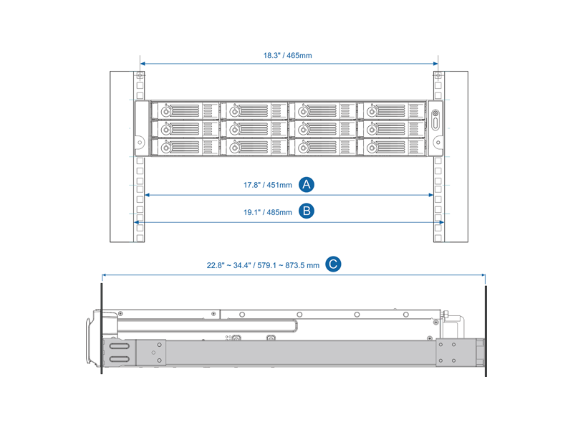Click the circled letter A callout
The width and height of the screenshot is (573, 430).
(307, 184)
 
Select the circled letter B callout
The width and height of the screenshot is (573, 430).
(307, 211)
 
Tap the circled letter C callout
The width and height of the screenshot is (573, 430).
(333, 264)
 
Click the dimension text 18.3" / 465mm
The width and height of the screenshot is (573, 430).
(287, 55)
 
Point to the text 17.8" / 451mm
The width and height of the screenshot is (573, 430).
(267, 185)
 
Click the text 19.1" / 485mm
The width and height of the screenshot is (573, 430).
(267, 212)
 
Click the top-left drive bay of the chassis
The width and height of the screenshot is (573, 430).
(185, 111)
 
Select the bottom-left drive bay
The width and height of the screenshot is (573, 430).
(185, 147)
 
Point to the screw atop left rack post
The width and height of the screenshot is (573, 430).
(140, 75)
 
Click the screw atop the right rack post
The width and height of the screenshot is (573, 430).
(437, 75)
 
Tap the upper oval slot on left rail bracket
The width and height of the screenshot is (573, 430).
(119, 347)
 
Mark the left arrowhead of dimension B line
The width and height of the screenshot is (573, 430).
(137, 222)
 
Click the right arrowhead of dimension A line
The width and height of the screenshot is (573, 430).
(430, 195)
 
